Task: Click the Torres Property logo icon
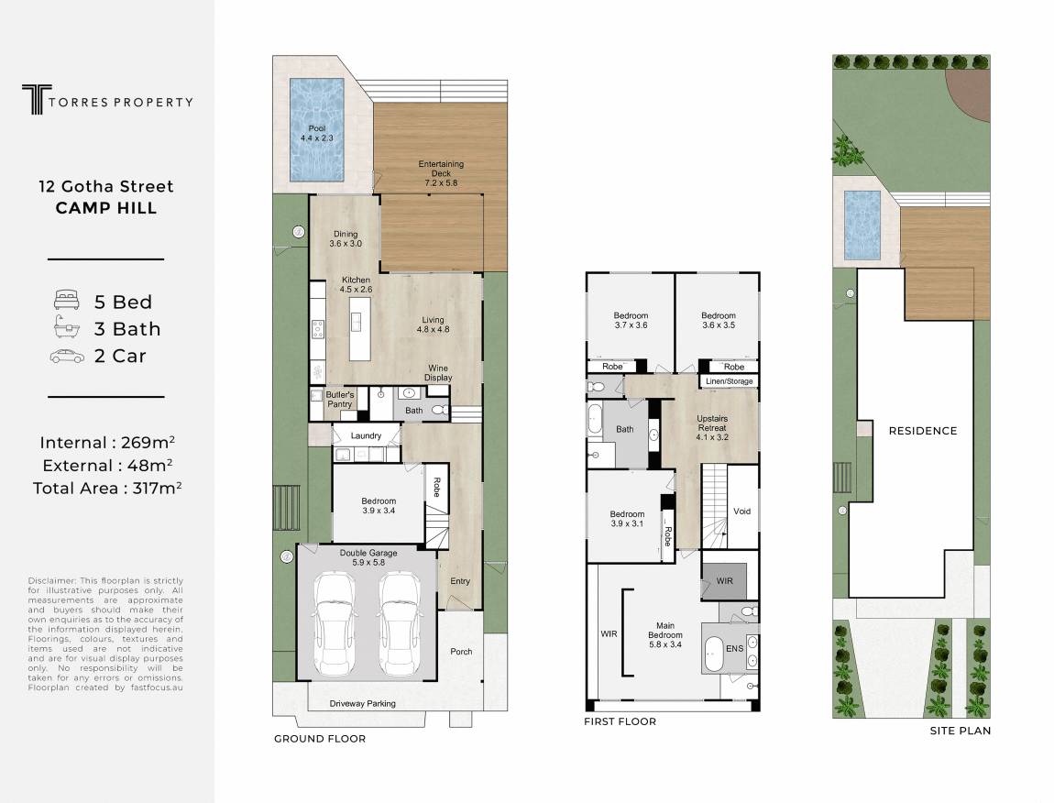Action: click(37, 100)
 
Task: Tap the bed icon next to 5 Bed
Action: click(67, 300)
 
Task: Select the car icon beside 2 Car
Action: click(67, 357)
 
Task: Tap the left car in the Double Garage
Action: click(335, 625)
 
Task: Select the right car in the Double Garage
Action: click(400, 625)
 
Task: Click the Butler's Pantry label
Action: click(339, 400)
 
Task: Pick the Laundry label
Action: click(366, 435)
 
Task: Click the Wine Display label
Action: click(438, 372)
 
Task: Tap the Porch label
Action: click(461, 652)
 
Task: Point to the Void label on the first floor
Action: click(742, 511)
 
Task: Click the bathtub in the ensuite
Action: click(712, 651)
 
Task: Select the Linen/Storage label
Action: click(730, 381)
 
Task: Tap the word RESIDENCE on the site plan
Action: click(923, 431)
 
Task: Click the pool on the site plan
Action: click(862, 225)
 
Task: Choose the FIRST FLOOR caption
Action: click(620, 721)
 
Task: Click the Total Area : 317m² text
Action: click(107, 488)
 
